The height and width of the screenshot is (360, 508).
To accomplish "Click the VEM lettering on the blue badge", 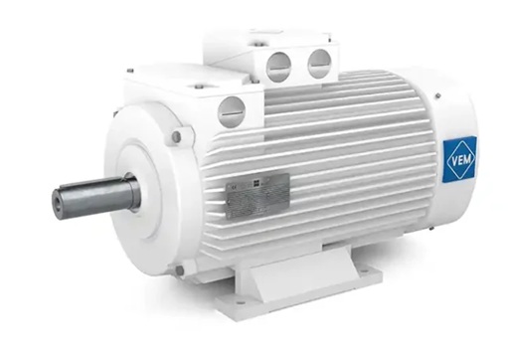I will [x=460, y=157].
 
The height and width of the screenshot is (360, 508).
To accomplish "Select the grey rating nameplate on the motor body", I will [x=256, y=192].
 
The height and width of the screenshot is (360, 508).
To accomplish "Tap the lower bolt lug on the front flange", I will [x=178, y=270].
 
